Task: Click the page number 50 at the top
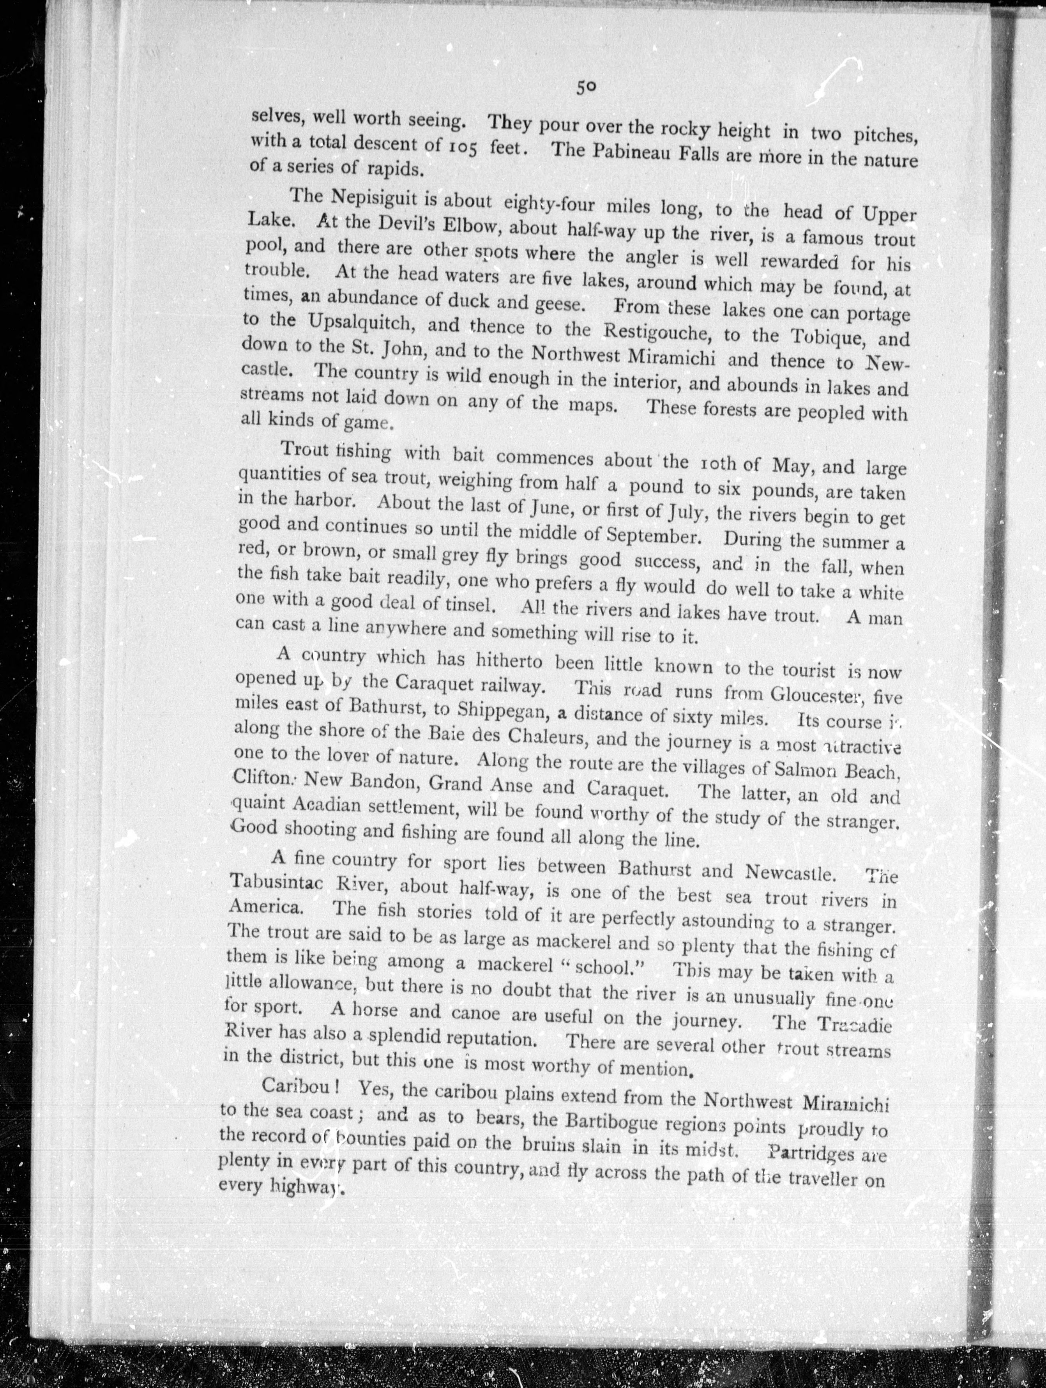586,87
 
